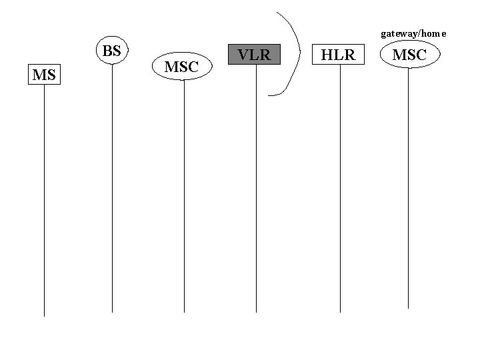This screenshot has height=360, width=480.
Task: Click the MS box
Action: click(43, 75)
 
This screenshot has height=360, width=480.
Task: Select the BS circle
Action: click(112, 51)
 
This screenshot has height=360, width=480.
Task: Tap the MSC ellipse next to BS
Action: click(181, 67)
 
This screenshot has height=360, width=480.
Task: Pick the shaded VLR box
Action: click(255, 55)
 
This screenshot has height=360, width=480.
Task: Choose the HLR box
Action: click(339, 55)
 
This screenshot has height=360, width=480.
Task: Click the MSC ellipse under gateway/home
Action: click(408, 55)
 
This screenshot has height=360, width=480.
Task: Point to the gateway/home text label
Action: click(413, 33)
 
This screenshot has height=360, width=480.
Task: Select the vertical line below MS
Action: click(44, 200)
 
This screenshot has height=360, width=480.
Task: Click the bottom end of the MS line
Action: click(44, 315)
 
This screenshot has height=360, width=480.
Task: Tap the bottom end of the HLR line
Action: click(340, 311)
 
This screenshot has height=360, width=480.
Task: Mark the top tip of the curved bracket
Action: click(277, 13)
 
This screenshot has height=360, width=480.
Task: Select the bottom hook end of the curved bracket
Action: click(269, 95)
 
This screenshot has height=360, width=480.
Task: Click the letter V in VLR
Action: click(243, 55)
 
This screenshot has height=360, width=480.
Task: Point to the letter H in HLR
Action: click(328, 55)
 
